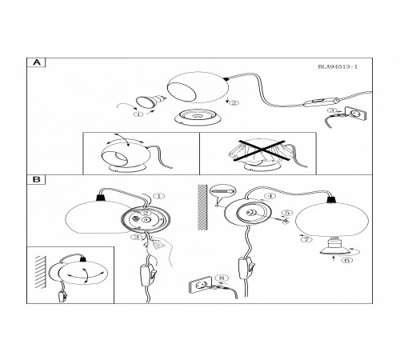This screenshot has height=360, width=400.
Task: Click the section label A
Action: [x=37, y=62]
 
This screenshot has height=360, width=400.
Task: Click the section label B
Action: [x=37, y=179]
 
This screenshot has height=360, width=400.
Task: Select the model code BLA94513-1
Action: [x=338, y=66]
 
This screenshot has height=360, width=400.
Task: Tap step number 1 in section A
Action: [x=138, y=114]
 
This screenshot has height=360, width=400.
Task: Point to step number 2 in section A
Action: [x=234, y=102]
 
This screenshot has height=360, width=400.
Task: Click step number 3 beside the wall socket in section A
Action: [x=332, y=110]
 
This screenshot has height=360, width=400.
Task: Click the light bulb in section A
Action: [x=150, y=102]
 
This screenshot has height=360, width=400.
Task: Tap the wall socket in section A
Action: [x=355, y=114]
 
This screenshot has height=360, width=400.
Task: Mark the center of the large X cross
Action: [x=262, y=150]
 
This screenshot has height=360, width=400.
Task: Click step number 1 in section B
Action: [x=159, y=196]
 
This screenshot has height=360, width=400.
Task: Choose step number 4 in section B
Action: [x=270, y=196]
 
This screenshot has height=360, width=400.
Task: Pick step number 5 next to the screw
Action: [x=287, y=213]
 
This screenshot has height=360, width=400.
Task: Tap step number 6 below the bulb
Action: [x=347, y=260]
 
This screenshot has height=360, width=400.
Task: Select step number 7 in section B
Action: [x=306, y=239]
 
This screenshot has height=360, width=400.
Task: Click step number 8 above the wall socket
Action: [x=222, y=278]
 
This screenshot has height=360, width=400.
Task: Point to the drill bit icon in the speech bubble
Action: [x=222, y=191]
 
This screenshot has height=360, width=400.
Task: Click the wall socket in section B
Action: [x=200, y=285]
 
